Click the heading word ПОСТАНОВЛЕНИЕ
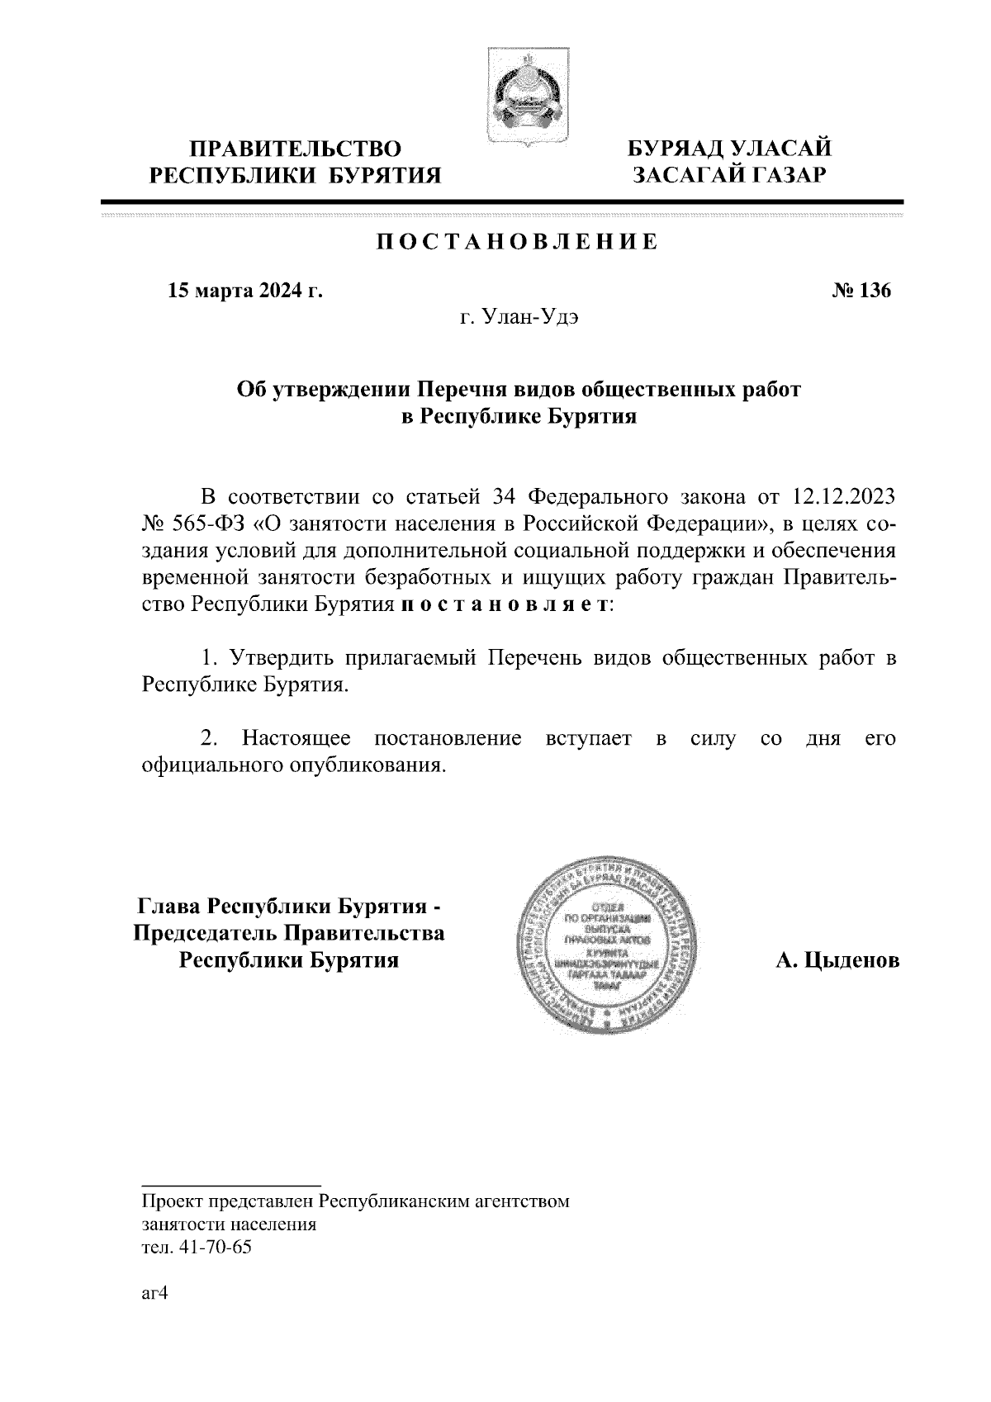click(518, 242)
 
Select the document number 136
click(874, 291)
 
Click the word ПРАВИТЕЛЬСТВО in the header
click(296, 149)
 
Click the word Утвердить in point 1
click(281, 659)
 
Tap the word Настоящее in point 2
click(296, 738)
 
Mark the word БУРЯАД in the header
click(675, 149)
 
